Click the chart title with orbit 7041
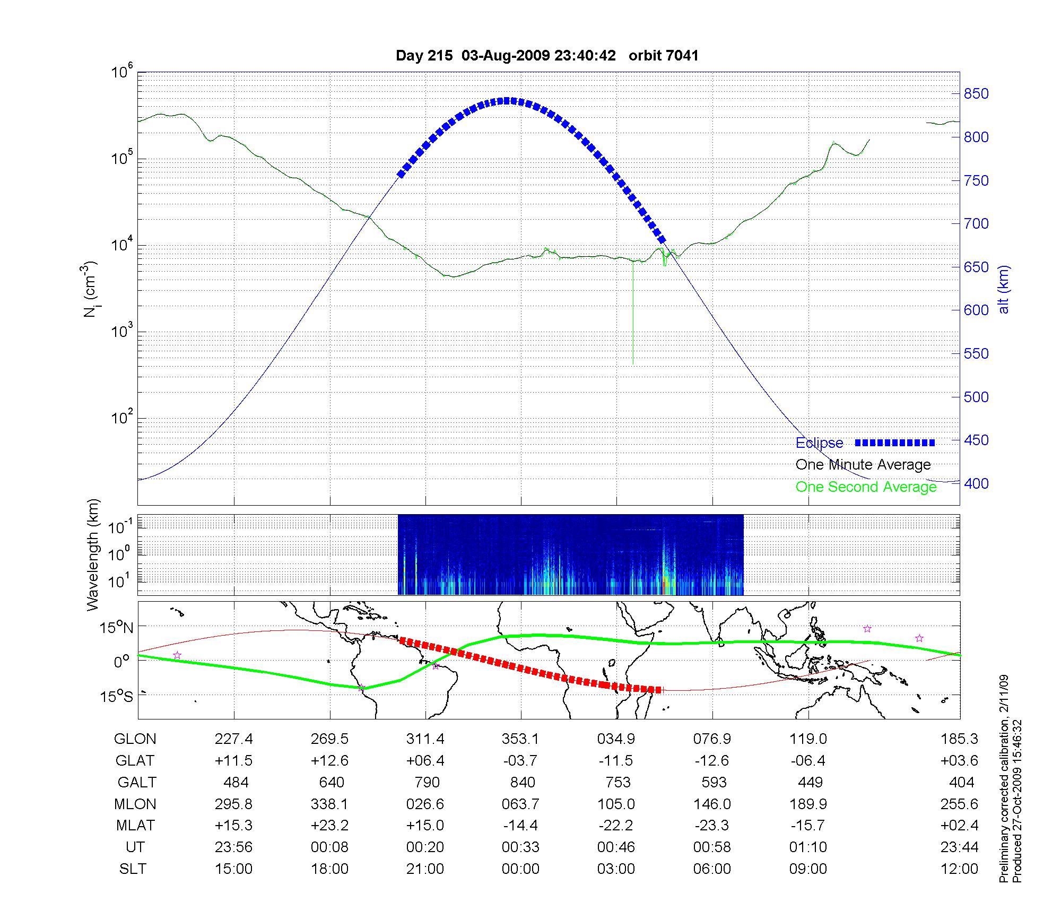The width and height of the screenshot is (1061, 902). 547,56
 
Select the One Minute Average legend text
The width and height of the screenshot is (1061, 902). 863,465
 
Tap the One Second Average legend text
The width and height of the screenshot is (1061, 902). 866,487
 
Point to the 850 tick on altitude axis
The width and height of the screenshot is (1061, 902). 976,94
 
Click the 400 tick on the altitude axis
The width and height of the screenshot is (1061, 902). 976,483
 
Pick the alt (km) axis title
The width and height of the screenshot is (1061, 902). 1004,289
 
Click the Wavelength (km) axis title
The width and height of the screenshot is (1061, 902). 93,555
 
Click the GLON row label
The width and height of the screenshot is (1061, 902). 135,739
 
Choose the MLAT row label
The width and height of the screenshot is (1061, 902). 135,826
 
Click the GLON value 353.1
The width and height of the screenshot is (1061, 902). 520,739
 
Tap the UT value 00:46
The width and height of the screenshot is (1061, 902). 616,847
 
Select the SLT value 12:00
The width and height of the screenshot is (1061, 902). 959,869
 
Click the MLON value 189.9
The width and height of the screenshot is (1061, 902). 808,804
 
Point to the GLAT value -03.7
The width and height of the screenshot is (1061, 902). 520,761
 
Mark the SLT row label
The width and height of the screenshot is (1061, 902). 133,869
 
